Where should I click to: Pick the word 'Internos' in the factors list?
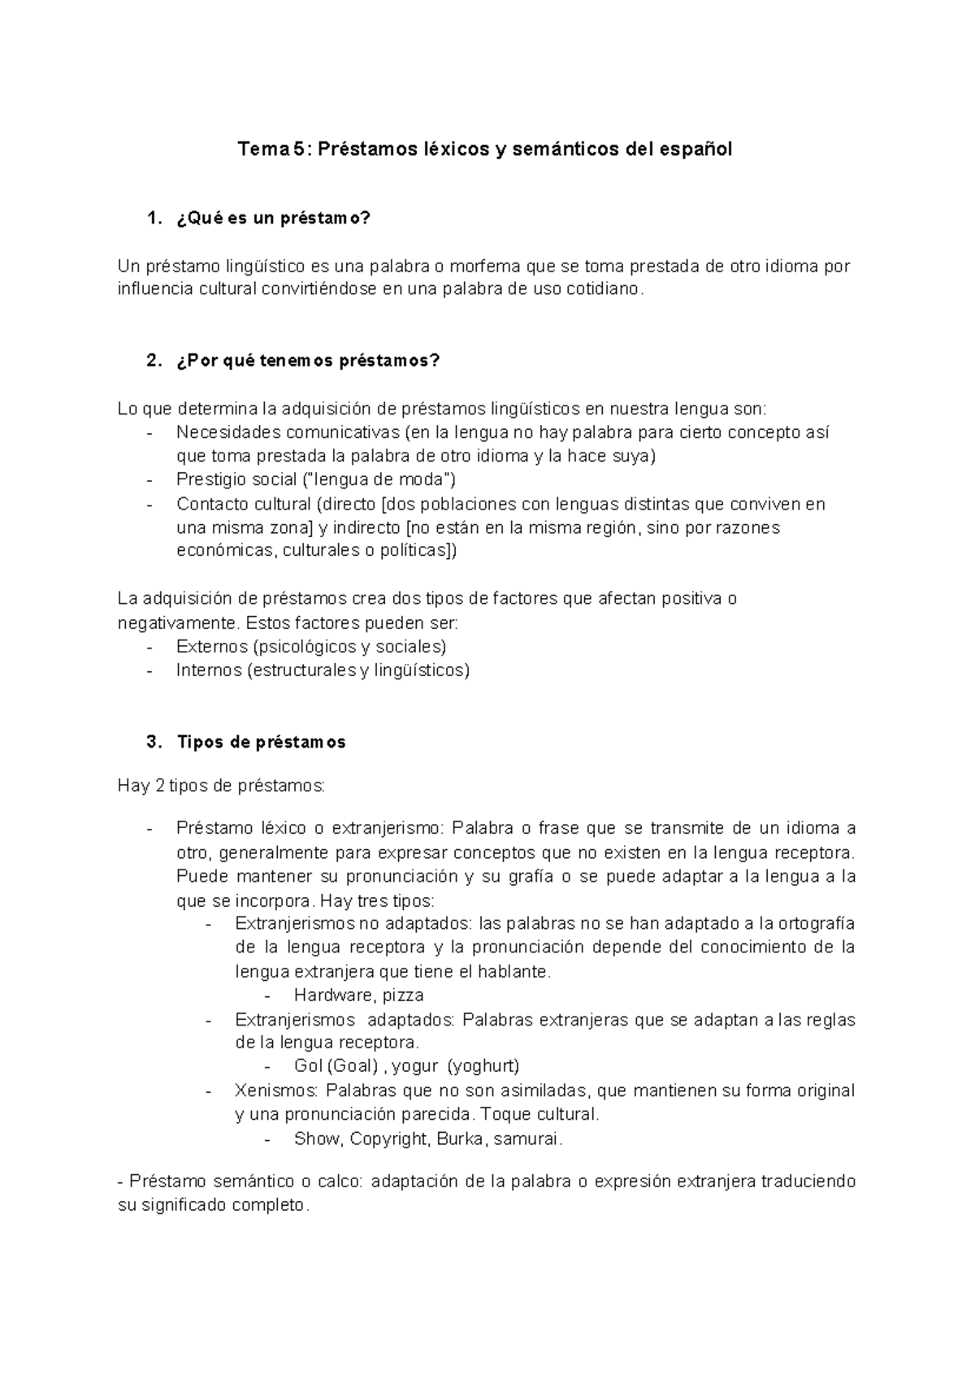pyautogui.click(x=208, y=670)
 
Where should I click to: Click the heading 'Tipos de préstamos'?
pyautogui.click(x=261, y=742)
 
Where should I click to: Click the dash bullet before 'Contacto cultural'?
pyautogui.click(x=150, y=505)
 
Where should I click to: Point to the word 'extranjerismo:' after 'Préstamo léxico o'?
pyautogui.click(x=389, y=829)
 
